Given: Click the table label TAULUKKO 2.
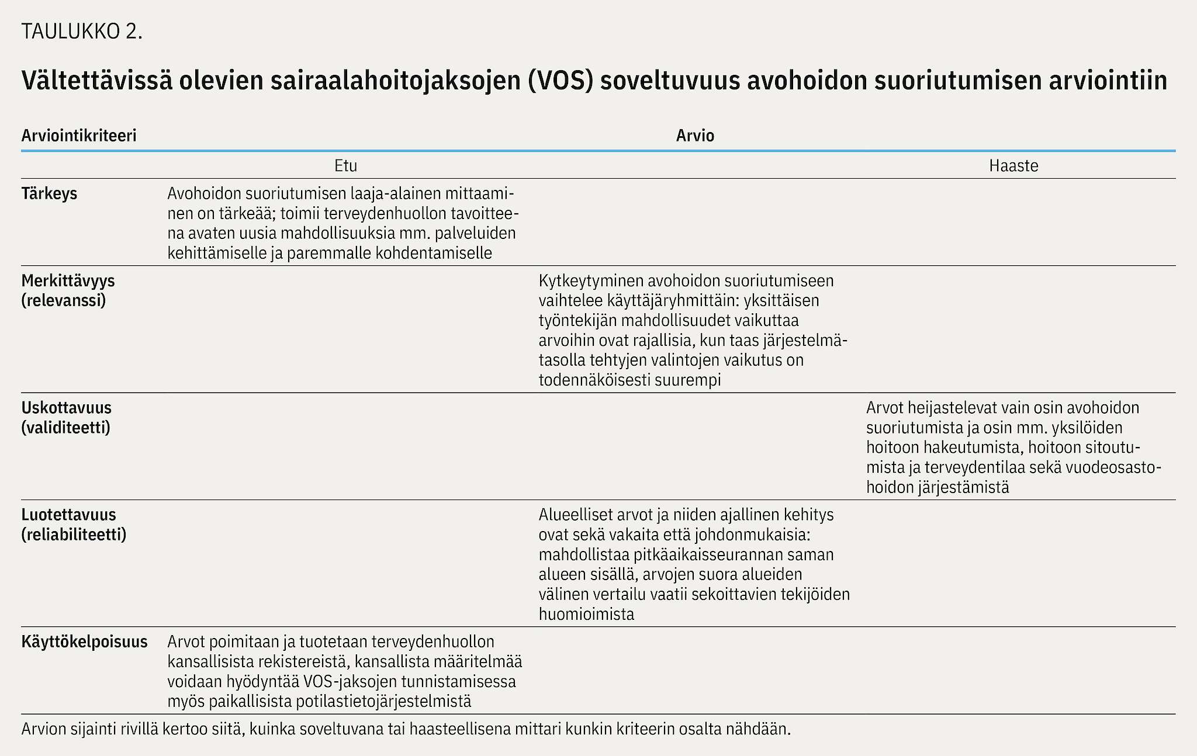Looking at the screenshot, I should pyautogui.click(x=82, y=32).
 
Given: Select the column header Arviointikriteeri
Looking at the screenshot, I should pyautogui.click(x=79, y=136).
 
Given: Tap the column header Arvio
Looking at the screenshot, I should pyautogui.click(x=695, y=136).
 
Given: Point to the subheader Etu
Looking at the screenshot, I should pyautogui.click(x=345, y=166).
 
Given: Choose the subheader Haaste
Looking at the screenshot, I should pyautogui.click(x=1013, y=166).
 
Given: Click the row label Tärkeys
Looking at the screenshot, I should pyautogui.click(x=49, y=193).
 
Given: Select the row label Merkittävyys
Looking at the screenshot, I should pyautogui.click(x=68, y=280).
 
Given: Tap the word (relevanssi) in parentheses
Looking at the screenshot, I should pyautogui.click(x=64, y=301).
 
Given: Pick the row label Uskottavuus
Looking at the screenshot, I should pyautogui.click(x=66, y=407).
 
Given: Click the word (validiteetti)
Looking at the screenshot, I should pyautogui.click(x=65, y=428).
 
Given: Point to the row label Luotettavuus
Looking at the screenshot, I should pyautogui.click(x=68, y=515).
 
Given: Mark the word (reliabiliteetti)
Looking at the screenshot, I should pyautogui.click(x=74, y=535).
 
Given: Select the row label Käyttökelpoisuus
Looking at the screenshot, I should pyautogui.click(x=84, y=641).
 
